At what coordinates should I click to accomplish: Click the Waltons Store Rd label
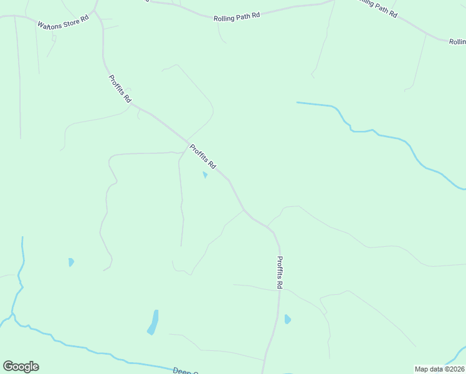point(64,22)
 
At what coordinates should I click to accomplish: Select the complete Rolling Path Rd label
point(237,18)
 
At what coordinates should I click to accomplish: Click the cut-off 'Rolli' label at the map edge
point(457,42)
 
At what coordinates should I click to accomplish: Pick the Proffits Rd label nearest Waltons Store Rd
point(120,89)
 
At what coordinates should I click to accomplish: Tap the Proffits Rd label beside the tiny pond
point(202,157)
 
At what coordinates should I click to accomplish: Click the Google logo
point(21,367)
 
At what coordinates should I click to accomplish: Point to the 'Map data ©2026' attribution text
point(439,369)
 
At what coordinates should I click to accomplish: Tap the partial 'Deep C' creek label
point(185,371)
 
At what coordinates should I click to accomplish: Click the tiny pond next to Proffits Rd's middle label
point(204,175)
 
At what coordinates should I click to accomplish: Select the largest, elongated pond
point(153,322)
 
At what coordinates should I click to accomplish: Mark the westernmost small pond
point(71,262)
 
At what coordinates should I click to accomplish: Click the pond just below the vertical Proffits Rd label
point(287,319)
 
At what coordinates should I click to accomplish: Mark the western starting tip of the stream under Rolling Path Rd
point(298,102)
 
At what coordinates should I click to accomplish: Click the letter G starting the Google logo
point(8,367)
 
